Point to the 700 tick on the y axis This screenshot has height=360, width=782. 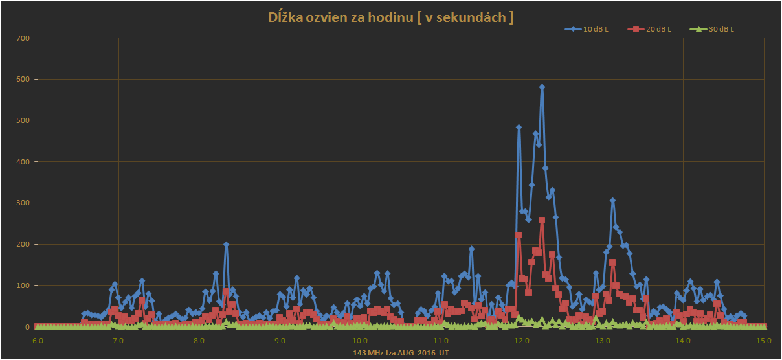[x=23, y=38]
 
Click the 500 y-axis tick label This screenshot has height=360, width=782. [x=23, y=120]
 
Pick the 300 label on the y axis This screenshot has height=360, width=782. [x=23, y=203]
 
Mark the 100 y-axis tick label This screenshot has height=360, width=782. [x=23, y=286]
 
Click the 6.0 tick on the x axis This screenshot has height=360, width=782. [x=38, y=340]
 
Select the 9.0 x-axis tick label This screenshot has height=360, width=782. [x=280, y=340]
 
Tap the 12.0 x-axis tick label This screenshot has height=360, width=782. [x=522, y=340]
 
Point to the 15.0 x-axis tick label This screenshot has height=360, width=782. [x=764, y=340]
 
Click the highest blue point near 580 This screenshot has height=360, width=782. [x=542, y=87]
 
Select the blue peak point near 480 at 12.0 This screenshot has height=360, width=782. [x=519, y=128]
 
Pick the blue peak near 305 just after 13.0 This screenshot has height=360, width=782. [x=612, y=201]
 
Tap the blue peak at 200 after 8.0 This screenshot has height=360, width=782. [x=226, y=245]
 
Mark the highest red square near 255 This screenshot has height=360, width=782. [x=542, y=221]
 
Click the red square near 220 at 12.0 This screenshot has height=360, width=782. [x=519, y=235]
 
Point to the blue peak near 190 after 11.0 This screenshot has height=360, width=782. [x=471, y=249]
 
